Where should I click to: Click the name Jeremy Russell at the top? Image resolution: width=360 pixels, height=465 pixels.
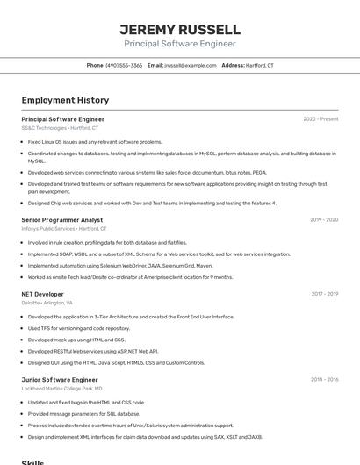coord(179,29)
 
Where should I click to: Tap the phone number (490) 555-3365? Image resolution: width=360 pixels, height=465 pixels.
coord(124,65)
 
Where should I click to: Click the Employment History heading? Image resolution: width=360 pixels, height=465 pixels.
coord(65,100)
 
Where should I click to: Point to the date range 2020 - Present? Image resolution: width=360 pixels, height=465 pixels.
coord(320,119)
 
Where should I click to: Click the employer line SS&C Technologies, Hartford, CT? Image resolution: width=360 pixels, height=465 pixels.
coord(60,128)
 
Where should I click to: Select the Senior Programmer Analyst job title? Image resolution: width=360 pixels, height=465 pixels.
coord(61,220)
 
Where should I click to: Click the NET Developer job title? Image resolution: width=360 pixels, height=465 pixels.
coord(42,294)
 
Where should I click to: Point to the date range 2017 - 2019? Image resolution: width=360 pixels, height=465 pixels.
coord(324,294)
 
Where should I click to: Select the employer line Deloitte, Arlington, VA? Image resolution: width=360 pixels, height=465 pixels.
coord(47,303)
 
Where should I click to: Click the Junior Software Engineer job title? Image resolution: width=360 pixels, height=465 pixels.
coord(60,380)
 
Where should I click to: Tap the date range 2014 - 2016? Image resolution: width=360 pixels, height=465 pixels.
coord(324,380)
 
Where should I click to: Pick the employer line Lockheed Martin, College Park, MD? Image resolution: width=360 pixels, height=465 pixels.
coord(61,389)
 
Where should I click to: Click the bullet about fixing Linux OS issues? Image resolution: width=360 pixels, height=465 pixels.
coord(95,141)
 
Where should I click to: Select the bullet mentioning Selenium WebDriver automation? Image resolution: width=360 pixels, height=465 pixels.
coord(119,265)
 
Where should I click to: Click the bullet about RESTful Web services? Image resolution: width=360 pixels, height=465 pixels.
coord(92,351)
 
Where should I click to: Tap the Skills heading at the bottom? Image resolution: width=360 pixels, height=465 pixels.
coord(32,461)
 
